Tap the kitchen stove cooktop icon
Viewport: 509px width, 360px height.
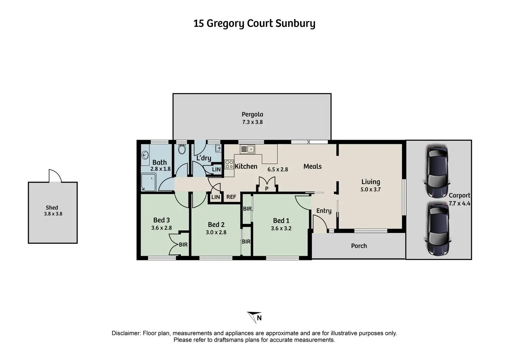pyautogui.click(x=229, y=164)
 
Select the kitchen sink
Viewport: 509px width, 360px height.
pyautogui.click(x=247, y=149)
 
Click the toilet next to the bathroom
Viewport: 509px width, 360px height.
pyautogui.click(x=182, y=149)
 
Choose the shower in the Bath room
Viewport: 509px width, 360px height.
pyautogui.click(x=148, y=182)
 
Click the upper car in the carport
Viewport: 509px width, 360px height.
pyautogui.click(x=437, y=172)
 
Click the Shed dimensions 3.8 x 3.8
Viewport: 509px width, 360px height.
pyautogui.click(x=53, y=214)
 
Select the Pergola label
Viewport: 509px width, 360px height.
pyautogui.click(x=252, y=114)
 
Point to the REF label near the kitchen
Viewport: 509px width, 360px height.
pyautogui.click(x=231, y=197)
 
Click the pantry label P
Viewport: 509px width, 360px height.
pyautogui.click(x=267, y=189)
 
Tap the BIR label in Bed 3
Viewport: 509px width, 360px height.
pyautogui.click(x=183, y=245)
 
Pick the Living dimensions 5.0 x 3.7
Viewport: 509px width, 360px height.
pyautogui.click(x=370, y=190)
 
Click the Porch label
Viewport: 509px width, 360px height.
pyautogui.click(x=359, y=246)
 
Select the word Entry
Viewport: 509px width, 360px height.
pyautogui.click(x=324, y=211)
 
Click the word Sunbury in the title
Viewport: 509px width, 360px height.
pyautogui.click(x=295, y=24)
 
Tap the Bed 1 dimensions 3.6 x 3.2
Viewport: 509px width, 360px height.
pyautogui.click(x=281, y=228)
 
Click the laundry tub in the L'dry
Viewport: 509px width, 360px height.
pyautogui.click(x=218, y=148)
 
